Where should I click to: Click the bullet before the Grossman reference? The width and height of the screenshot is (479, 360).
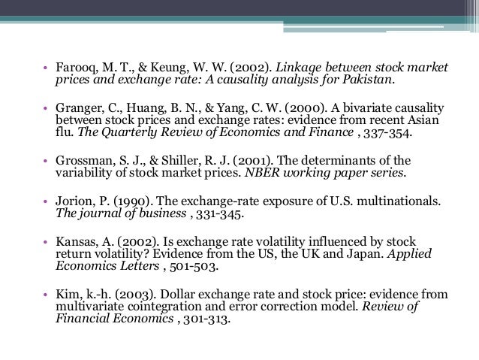[46, 160]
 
